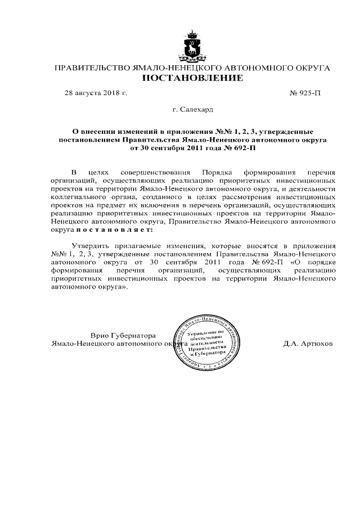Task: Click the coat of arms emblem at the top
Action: (192, 46)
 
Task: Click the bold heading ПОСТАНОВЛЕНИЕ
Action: (192, 78)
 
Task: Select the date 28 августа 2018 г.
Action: (96, 93)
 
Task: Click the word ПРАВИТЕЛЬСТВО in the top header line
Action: (91, 67)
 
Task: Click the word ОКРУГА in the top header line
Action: (310, 67)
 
